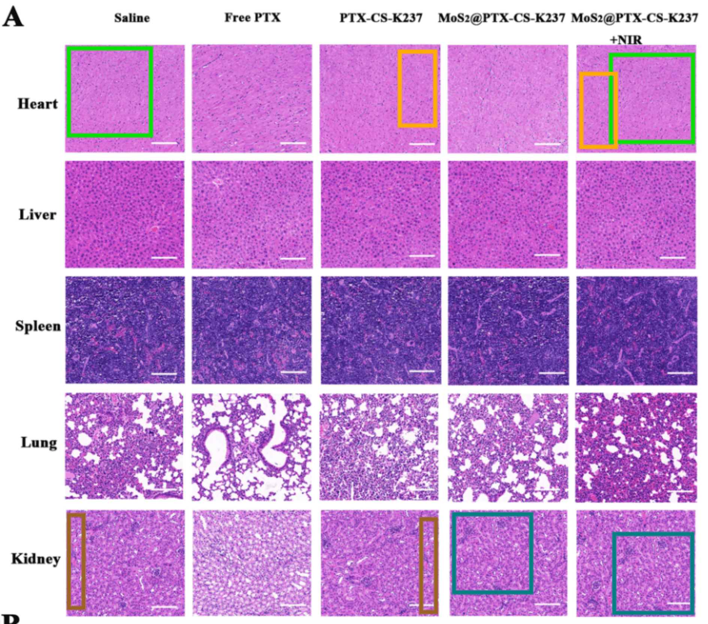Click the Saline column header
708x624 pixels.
[x=132, y=18]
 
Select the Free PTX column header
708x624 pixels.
[x=252, y=17]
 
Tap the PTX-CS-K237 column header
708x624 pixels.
[x=381, y=18]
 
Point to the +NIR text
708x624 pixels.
[x=626, y=39]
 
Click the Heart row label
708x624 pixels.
[x=38, y=104]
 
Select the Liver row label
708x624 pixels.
[x=37, y=215]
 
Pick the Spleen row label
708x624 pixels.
[x=38, y=326]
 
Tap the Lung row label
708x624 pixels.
[x=39, y=442]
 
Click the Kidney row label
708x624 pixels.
[x=36, y=558]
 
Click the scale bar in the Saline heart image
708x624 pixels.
[x=164, y=143]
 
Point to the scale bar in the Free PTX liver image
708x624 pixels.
[x=293, y=258]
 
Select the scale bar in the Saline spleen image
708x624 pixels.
[x=164, y=373]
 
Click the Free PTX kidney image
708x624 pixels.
[x=252, y=562]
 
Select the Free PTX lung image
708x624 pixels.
[x=252, y=446]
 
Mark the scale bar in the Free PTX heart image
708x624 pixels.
[x=293, y=143]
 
